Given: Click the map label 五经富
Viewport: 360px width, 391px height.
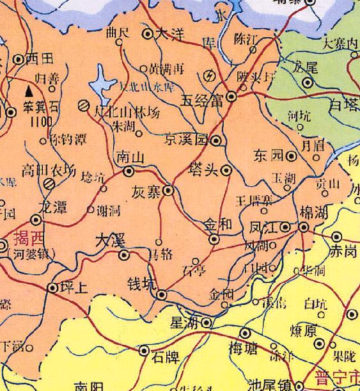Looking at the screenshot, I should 203,100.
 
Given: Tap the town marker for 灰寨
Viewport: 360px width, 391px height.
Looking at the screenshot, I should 168,190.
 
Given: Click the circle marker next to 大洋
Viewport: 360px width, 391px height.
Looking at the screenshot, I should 147,33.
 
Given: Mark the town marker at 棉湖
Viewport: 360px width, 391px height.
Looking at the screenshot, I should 304,227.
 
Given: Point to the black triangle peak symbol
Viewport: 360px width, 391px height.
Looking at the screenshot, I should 27,92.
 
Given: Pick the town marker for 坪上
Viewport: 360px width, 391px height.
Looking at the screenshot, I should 52,288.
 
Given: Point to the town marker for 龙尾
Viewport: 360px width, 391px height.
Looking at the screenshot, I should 308,83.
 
